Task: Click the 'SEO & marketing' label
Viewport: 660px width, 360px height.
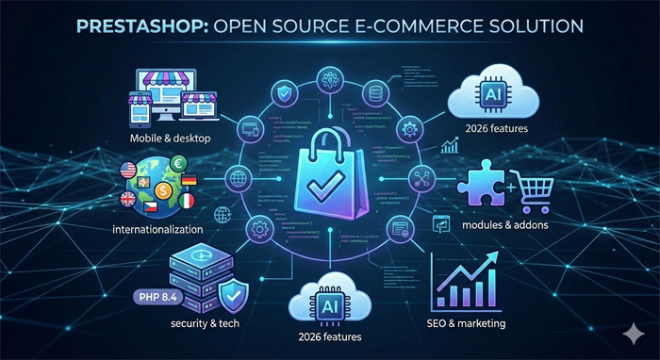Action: tap(467, 324)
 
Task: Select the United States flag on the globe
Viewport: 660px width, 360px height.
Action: tap(128, 171)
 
